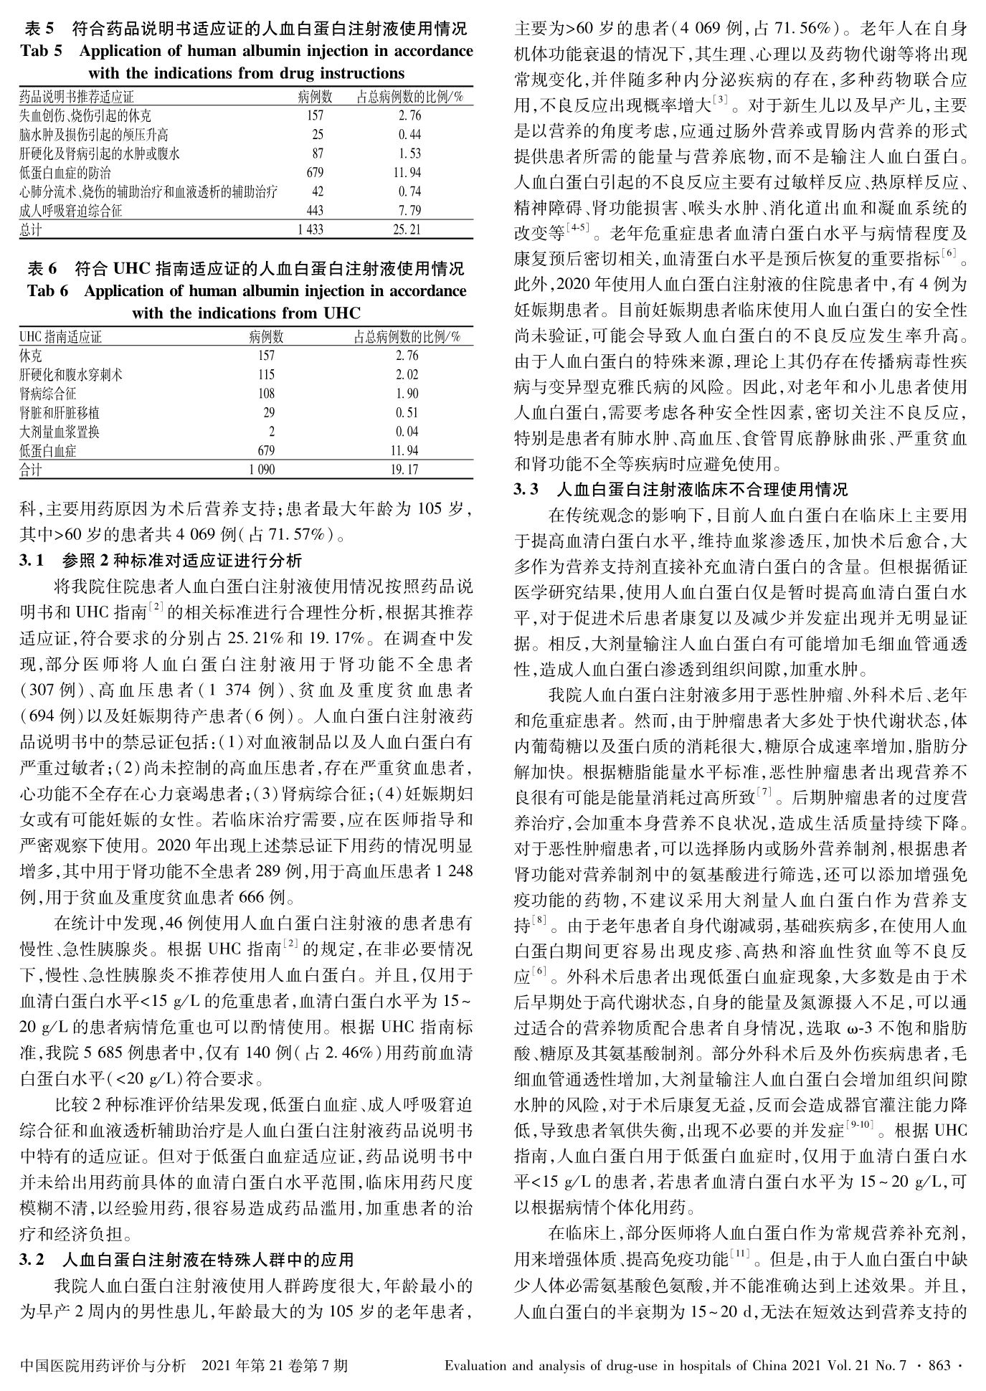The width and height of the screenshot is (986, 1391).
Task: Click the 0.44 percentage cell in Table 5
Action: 409,135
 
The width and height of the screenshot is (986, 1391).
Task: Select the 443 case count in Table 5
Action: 314,211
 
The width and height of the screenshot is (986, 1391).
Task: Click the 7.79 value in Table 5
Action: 409,211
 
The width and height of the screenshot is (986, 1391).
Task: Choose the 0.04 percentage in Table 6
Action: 407,432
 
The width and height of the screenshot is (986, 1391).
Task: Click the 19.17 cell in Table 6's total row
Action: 407,470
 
